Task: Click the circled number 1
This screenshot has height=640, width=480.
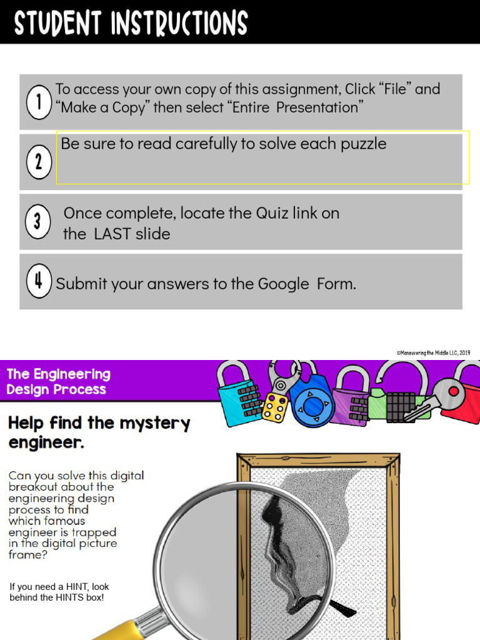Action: coord(39,102)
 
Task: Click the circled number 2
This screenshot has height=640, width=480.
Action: coord(39,162)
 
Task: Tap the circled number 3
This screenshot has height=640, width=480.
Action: coord(37,222)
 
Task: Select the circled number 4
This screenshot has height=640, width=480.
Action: coord(39,281)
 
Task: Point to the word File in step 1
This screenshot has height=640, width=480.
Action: coord(395,89)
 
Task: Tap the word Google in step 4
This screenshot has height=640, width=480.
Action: coord(284,284)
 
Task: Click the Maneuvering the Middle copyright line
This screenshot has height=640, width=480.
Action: coord(433,352)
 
